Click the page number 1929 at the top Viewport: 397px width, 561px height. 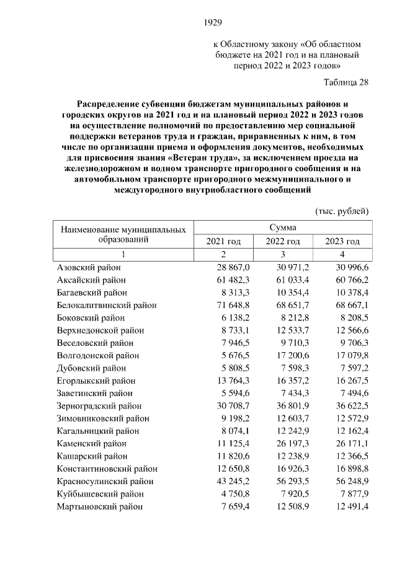coord(213,23)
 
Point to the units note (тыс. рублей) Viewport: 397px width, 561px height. coord(342,211)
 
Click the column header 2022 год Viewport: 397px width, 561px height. coord(283,241)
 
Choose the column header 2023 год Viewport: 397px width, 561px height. coord(342,241)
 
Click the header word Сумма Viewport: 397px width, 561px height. coord(283,227)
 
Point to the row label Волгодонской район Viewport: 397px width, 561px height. coord(98,355)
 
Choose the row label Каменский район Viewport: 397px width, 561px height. coord(92,443)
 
